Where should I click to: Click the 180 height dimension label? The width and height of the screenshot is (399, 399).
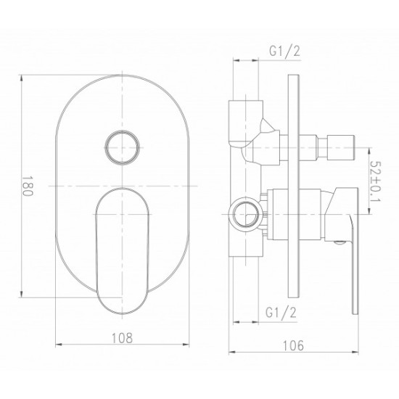pos(28,186)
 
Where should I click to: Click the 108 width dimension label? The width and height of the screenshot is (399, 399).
pos(122,338)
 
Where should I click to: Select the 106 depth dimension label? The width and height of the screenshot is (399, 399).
pos(293,345)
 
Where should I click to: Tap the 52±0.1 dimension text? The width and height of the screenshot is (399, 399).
pos(374,181)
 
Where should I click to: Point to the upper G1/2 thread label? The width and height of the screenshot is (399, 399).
pos(285,51)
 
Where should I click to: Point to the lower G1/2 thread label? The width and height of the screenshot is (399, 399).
pos(281,312)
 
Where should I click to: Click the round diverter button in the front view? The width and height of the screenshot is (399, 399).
pos(123,147)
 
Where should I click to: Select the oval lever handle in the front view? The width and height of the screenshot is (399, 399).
pos(122,251)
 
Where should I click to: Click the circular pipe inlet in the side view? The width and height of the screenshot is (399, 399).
pos(245,214)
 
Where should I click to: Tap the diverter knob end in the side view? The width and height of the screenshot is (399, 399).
pos(341,147)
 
